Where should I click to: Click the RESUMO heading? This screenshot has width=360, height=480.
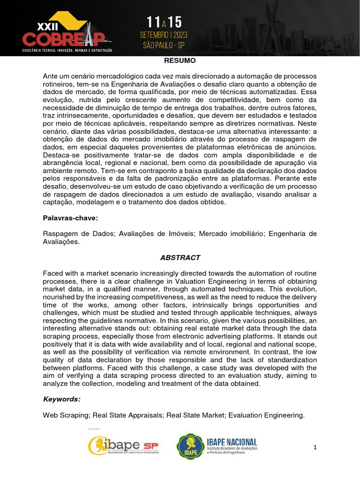click(x=180, y=61)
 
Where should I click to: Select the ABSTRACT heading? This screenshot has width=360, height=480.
click(x=180, y=258)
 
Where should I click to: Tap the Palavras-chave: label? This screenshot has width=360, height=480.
click(x=70, y=218)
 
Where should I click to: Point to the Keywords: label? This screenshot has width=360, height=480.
click(x=61, y=399)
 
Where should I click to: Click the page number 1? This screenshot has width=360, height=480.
click(x=315, y=448)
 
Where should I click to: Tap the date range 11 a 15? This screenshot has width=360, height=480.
click(x=164, y=22)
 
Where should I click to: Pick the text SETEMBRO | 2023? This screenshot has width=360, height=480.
click(x=164, y=36)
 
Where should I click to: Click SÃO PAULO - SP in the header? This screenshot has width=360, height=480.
click(x=164, y=45)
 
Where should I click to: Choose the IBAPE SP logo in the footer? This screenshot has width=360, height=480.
click(x=124, y=445)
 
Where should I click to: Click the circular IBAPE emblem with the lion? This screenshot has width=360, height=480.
click(x=190, y=446)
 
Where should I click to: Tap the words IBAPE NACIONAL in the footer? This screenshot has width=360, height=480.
click(x=232, y=442)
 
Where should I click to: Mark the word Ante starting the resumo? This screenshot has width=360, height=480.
click(x=51, y=76)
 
